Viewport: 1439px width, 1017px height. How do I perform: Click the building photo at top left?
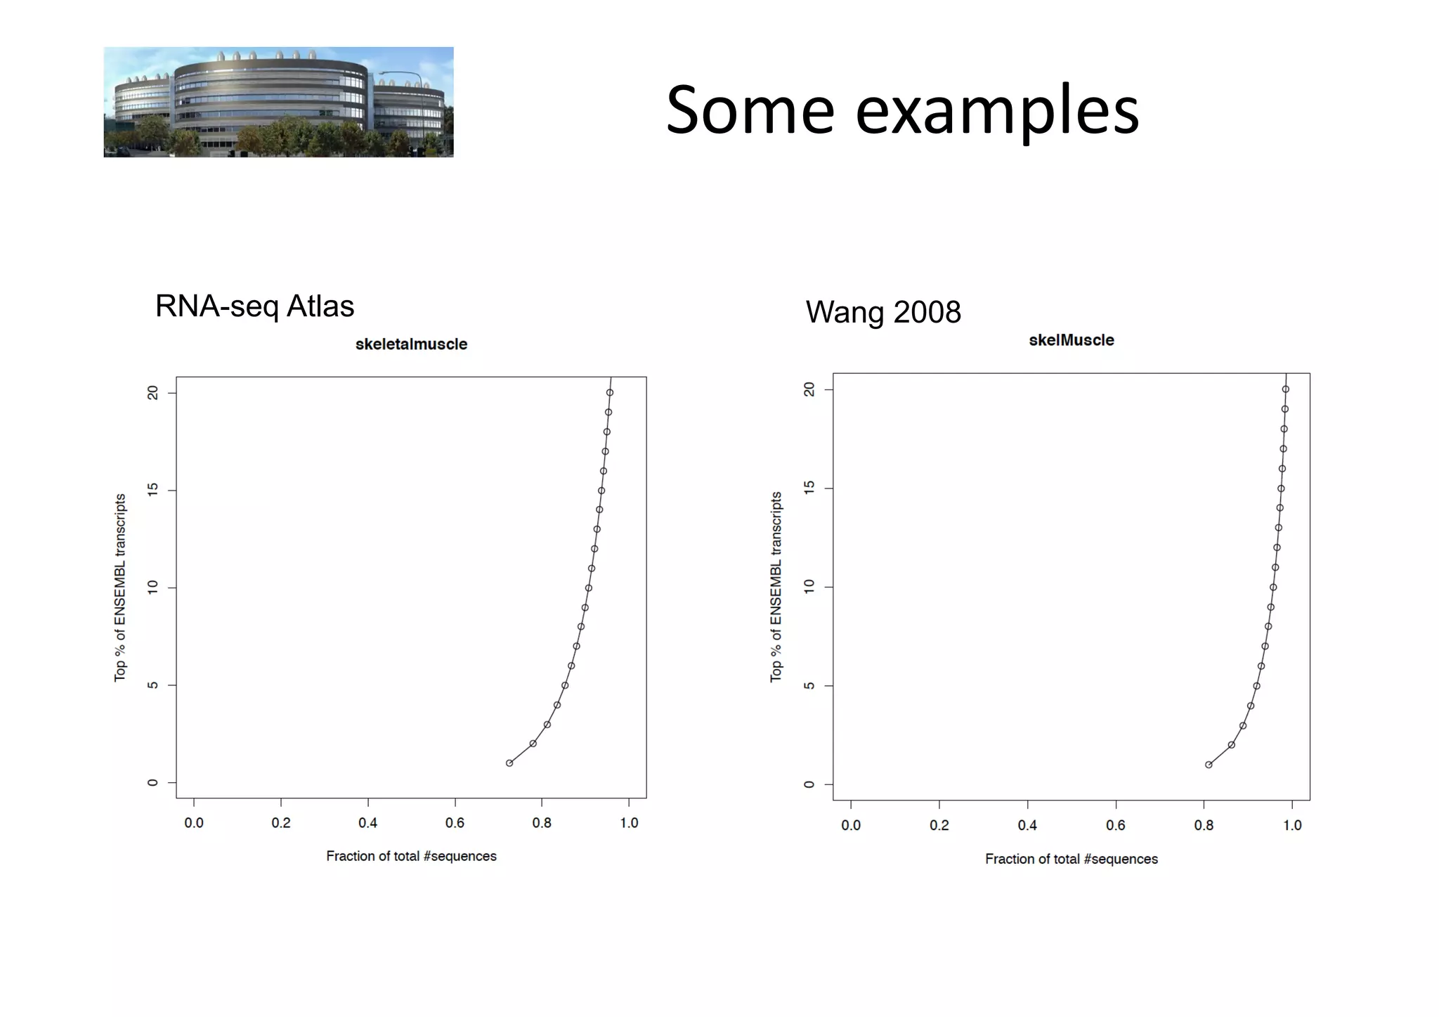coord(278,102)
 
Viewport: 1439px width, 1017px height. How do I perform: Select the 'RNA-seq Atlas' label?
coord(254,306)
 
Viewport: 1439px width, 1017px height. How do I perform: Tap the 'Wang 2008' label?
coord(883,312)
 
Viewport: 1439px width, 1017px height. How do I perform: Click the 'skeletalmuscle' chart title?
coord(411,344)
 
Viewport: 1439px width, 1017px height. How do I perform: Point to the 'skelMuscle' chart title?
coord(1071,340)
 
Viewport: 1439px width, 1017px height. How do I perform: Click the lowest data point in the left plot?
coord(509,763)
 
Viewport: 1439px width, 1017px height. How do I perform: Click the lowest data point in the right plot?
coord(1209,765)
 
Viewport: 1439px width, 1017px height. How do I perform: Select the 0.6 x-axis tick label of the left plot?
coord(455,823)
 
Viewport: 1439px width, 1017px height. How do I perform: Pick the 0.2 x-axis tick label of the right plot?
coord(939,826)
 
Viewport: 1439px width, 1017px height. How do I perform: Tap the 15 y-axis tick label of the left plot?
coord(152,490)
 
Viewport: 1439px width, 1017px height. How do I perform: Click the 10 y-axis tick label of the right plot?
coord(809,587)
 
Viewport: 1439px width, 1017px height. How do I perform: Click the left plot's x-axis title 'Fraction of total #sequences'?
coord(411,856)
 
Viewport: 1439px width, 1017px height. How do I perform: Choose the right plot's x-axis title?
coord(1071,859)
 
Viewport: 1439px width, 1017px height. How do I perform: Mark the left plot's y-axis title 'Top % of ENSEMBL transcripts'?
coord(120,587)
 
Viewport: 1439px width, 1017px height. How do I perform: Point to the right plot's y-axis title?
coord(776,587)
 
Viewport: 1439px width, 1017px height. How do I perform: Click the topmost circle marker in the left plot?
coord(610,393)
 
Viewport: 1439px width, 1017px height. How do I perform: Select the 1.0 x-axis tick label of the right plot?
coord(1292,826)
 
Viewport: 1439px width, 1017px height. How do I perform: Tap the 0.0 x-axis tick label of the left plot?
coord(194,823)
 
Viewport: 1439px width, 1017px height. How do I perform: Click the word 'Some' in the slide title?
coord(750,111)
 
